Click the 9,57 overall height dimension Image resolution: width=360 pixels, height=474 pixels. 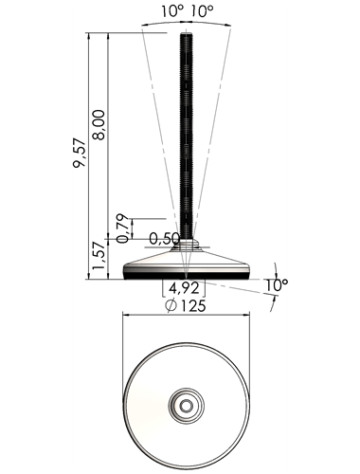(80, 153)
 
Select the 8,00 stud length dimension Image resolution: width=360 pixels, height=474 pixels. (99, 124)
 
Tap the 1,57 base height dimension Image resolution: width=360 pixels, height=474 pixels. (99, 255)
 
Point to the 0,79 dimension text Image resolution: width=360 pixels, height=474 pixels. (122, 228)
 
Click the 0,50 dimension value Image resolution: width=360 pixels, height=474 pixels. (164, 239)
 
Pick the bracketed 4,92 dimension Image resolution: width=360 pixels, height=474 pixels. (184, 288)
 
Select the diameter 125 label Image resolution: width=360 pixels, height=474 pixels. (186, 305)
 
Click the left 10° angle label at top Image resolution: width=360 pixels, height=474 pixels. (172, 11)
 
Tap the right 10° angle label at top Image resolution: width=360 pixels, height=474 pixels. (202, 11)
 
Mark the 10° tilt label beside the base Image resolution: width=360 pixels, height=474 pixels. (277, 285)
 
